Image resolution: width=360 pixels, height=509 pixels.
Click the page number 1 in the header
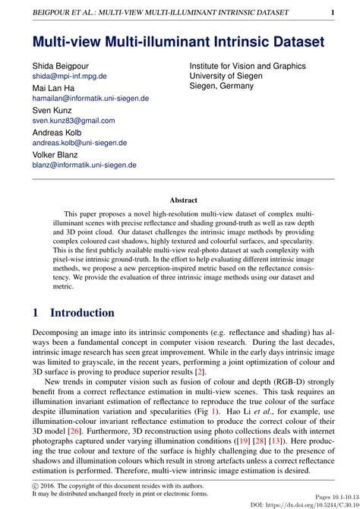pos(333,13)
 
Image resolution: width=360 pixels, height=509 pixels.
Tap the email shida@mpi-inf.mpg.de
pos(69,77)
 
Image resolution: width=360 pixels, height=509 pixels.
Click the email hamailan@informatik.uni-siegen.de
pos(90,99)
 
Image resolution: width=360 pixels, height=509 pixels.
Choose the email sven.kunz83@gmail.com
pos(74,121)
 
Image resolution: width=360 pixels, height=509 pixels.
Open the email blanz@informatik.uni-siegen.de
pos(84,165)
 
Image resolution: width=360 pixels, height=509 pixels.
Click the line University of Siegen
pos(226,76)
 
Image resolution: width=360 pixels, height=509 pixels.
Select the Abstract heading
pos(183,201)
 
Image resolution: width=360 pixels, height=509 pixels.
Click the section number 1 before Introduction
pos(36,313)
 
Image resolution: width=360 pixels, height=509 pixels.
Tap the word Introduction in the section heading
pos(82,313)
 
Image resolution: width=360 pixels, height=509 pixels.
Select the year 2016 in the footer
pos(51,483)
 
